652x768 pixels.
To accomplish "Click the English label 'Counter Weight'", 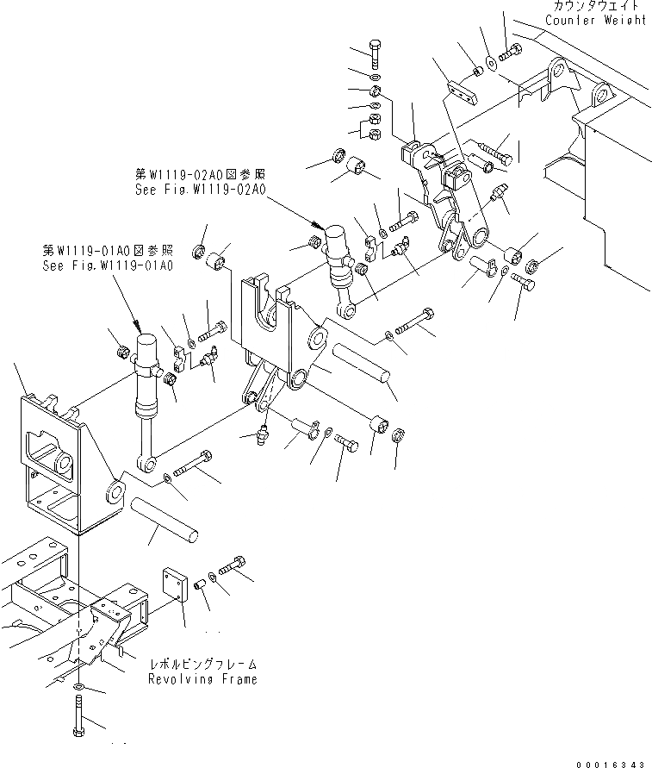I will tap(595, 20).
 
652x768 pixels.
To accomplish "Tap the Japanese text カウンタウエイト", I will tap(594, 7).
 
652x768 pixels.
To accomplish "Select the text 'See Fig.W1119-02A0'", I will tap(200, 190).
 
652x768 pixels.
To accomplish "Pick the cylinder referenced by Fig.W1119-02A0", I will tap(338, 259).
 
